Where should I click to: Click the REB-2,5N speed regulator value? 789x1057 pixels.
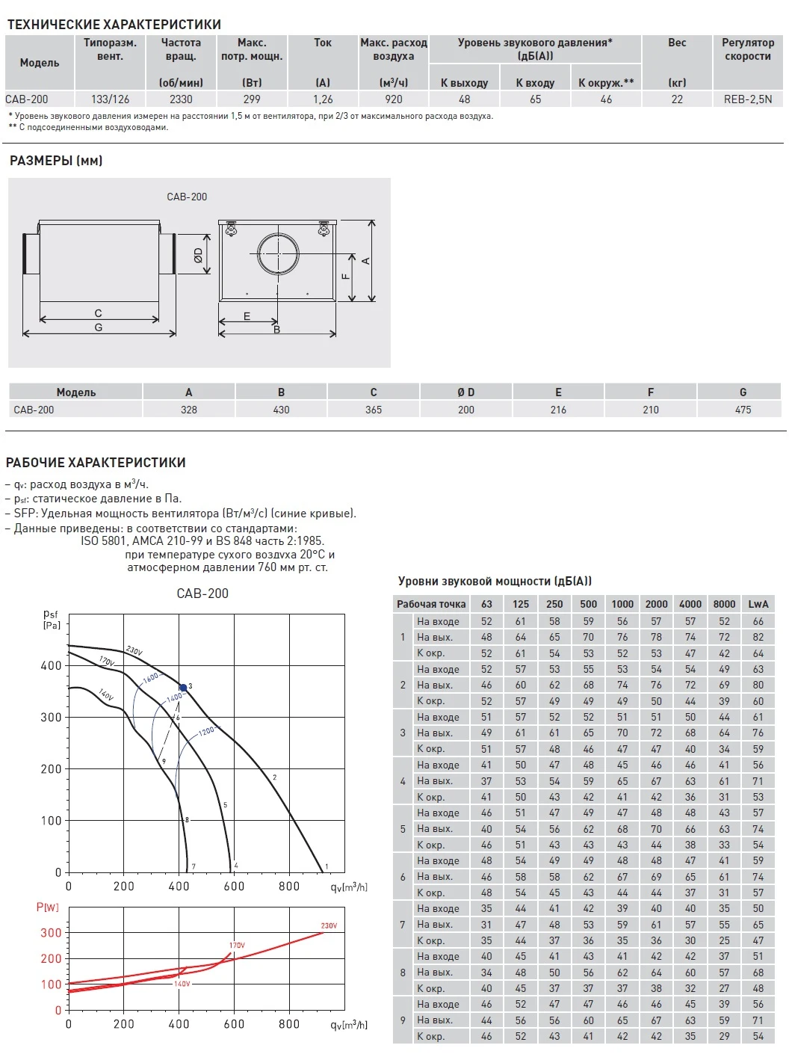747,99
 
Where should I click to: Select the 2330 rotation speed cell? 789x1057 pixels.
181,99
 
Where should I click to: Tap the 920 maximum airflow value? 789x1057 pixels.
394,99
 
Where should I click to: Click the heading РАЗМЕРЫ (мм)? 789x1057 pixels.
56,161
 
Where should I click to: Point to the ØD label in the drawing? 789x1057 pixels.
198,255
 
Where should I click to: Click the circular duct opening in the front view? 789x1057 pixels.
278,253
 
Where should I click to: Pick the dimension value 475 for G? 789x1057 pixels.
743,410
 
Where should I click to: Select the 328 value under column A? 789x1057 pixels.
189,410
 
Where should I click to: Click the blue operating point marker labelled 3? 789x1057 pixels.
183,688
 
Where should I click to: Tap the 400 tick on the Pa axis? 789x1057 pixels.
51,665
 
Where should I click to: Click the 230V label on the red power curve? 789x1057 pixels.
329,925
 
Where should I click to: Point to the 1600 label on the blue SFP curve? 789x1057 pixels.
151,677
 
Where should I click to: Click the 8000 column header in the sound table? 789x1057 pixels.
724,604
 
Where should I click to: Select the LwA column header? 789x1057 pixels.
758,604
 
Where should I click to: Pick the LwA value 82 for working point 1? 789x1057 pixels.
758,637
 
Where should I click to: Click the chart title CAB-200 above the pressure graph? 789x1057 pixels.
202,594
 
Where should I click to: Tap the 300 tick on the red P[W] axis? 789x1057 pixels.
51,933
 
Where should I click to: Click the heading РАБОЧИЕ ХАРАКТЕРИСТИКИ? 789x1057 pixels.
96,463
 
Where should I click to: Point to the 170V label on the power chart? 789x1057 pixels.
237,946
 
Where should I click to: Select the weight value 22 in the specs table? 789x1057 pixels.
677,99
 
